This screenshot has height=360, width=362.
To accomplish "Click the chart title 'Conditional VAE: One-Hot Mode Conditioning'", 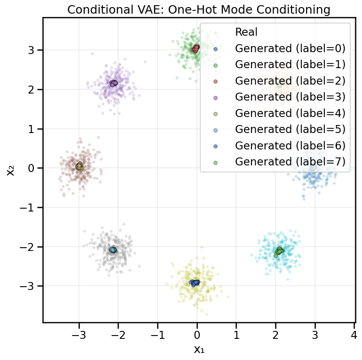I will point(198,9).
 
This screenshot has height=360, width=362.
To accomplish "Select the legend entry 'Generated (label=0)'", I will point(290,48).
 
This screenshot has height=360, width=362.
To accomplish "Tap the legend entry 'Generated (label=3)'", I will point(290,97).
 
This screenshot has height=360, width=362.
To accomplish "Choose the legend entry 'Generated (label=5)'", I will point(290,129).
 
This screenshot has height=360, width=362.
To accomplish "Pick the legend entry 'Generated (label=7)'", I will point(290,162).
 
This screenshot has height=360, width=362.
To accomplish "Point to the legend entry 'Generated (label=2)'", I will point(290,80).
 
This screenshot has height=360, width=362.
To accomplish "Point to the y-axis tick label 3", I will point(31,50).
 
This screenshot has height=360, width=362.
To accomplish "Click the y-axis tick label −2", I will point(28,247).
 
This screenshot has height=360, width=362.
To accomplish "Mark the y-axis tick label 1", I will point(31,129).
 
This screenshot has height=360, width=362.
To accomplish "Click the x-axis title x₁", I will point(198,350).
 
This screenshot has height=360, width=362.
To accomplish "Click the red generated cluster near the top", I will point(195,48).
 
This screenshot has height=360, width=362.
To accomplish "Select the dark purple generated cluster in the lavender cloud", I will point(113,83).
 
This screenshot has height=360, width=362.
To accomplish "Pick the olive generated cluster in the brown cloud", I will point(79,166).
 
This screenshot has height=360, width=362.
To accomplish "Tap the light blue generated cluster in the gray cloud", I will point(113,250).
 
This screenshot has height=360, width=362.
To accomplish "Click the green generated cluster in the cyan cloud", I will point(279,251).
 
